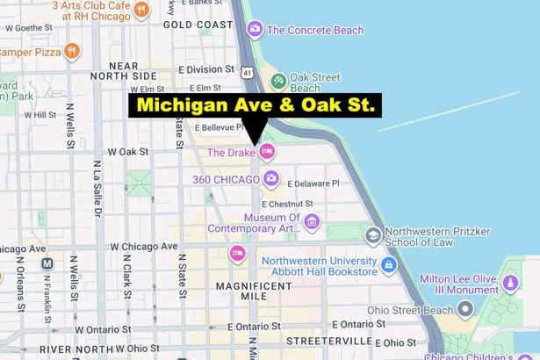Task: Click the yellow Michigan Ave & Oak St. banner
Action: (256, 106)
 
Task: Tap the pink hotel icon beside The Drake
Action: (267, 152)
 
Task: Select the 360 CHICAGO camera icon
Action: (271, 179)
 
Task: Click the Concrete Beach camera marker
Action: (256, 30)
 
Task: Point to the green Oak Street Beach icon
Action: (278, 81)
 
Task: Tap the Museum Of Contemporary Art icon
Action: (312, 223)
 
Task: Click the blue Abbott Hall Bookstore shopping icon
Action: (389, 263)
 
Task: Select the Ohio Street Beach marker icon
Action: (465, 308)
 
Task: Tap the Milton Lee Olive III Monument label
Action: (486, 284)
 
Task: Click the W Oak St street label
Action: (128, 152)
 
